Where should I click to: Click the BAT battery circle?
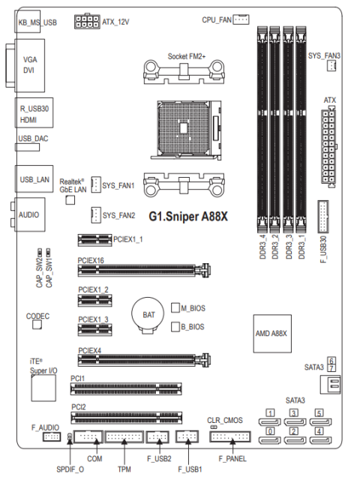[148, 313]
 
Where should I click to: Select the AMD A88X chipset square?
[272, 333]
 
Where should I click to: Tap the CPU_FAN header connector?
[241, 19]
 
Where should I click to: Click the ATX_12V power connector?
[87, 22]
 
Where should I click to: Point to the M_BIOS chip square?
[175, 307]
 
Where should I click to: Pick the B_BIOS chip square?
[175, 326]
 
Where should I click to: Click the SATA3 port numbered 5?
[320, 421]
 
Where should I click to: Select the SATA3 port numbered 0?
[270, 440]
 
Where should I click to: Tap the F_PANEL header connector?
[230, 436]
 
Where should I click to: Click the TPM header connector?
[124, 436]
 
